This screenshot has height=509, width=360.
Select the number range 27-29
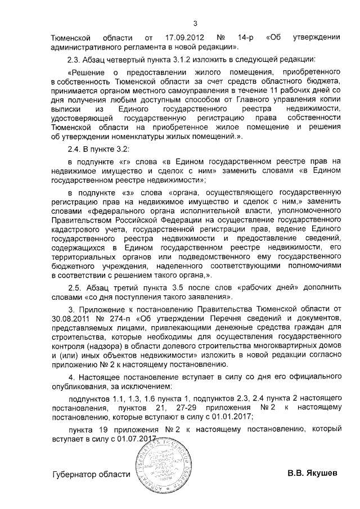click(x=194, y=407)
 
